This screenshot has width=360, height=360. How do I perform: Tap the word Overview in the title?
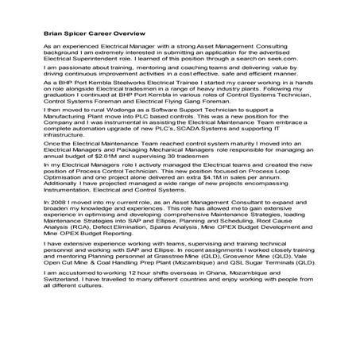125,34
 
